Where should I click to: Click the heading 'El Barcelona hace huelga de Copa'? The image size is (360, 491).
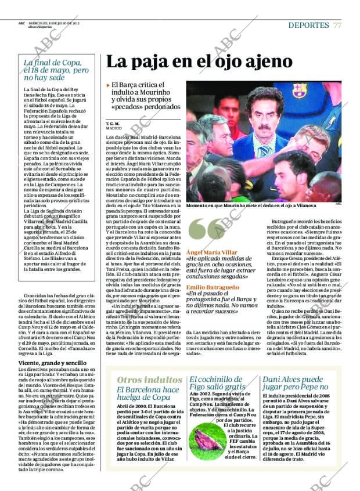[147, 393]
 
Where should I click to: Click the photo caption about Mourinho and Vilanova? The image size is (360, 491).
[251, 206]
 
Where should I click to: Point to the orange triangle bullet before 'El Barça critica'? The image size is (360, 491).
[108, 85]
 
